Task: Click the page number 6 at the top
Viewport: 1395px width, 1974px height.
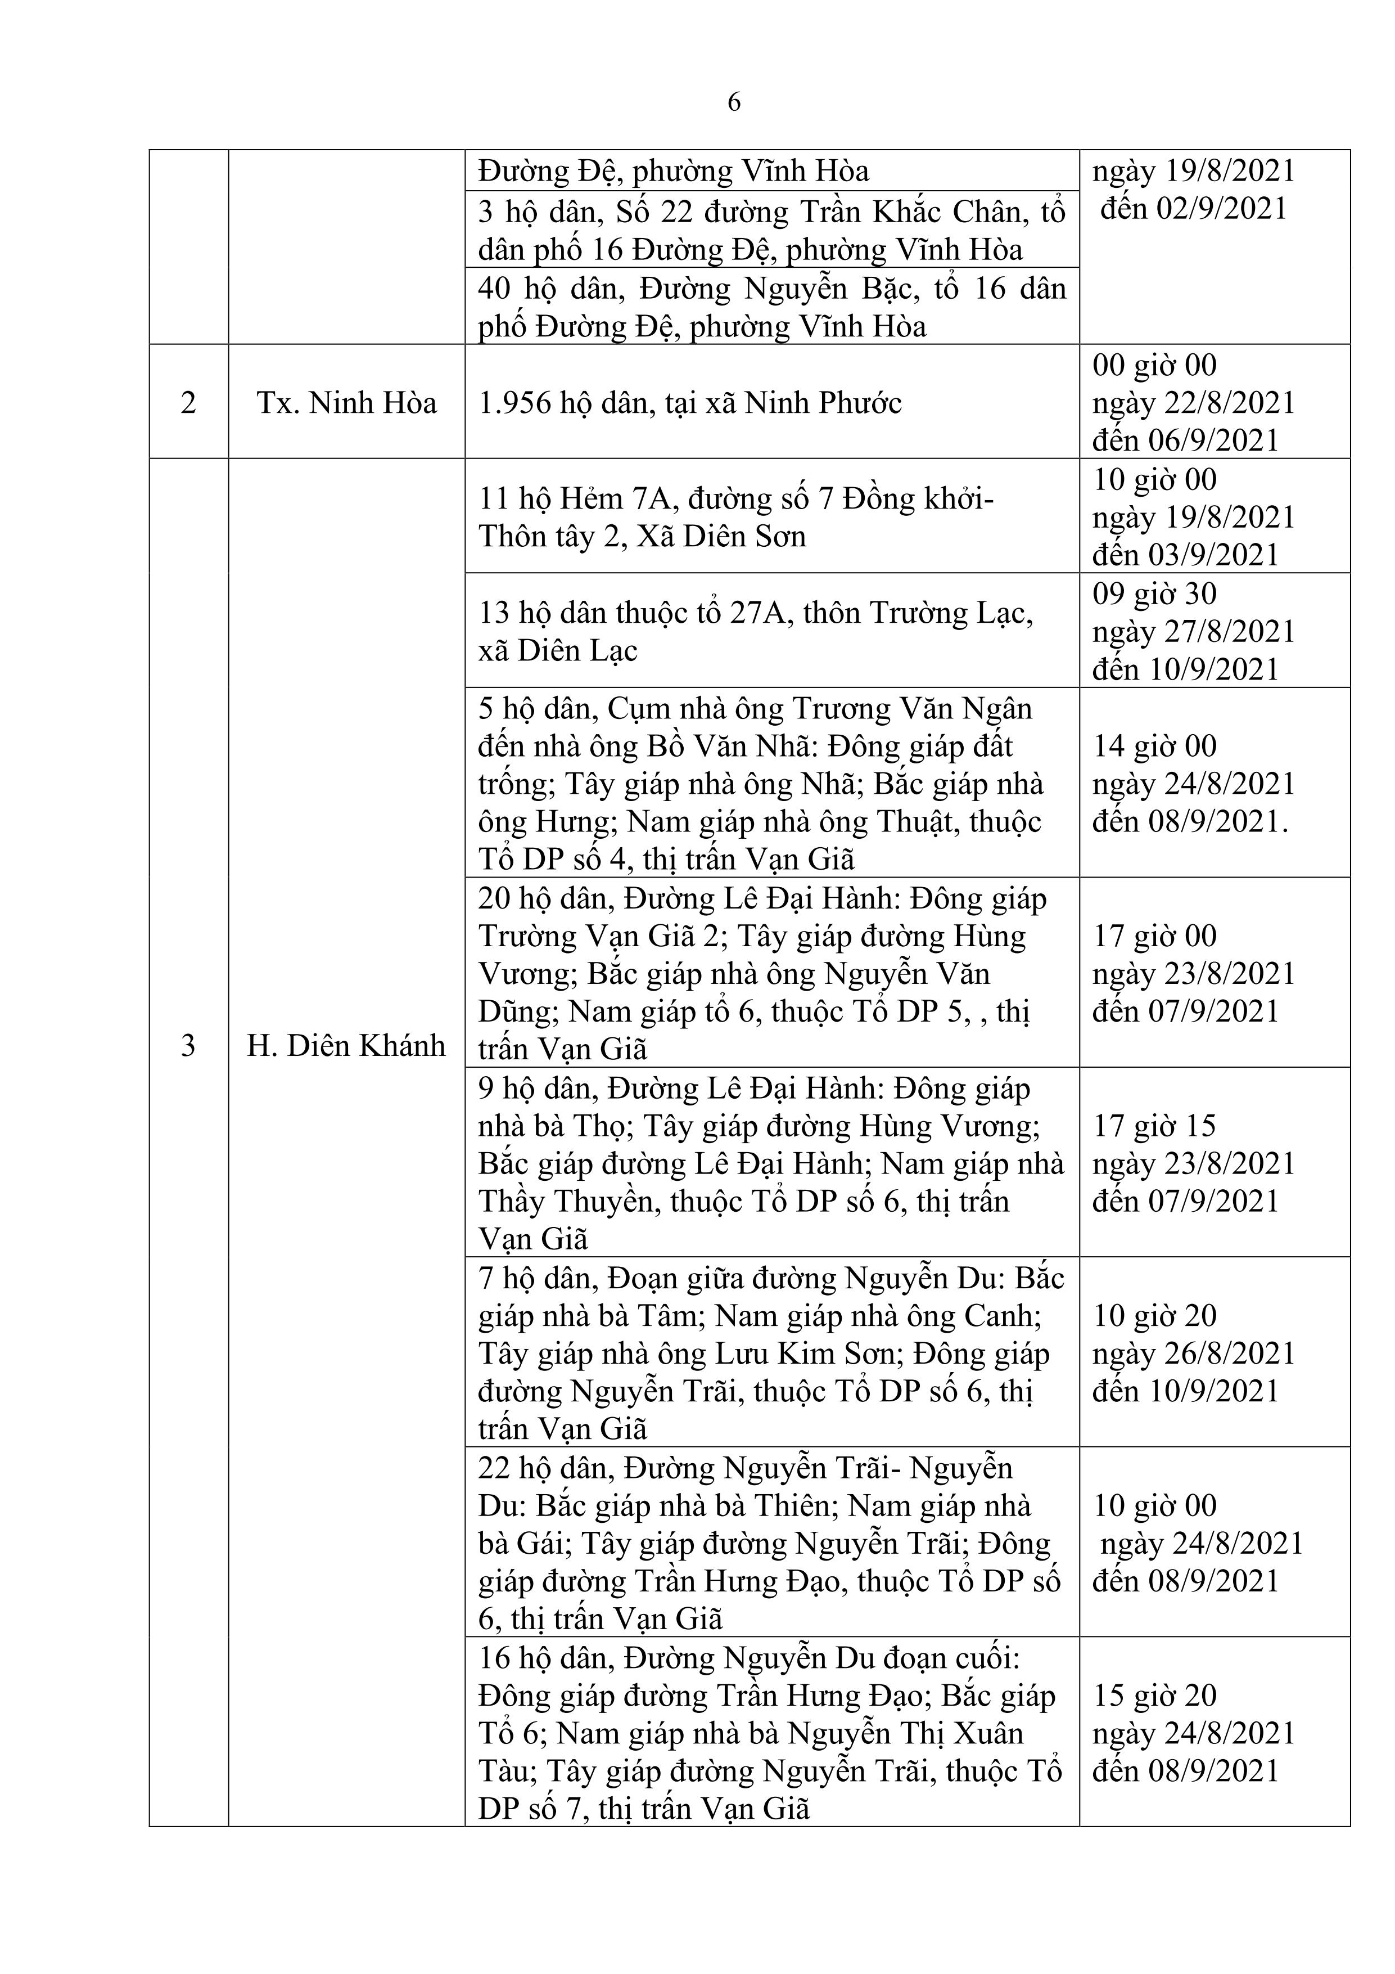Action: click(x=733, y=103)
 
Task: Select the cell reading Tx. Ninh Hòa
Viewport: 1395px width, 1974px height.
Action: click(x=346, y=402)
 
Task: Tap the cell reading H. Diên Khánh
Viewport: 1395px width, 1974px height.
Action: click(x=346, y=1045)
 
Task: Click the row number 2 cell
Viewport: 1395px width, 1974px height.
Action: click(x=188, y=402)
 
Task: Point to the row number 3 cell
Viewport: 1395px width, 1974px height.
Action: click(x=188, y=1045)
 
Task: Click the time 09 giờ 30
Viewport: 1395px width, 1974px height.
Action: click(x=1154, y=593)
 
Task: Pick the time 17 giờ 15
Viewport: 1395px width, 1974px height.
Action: click(x=1154, y=1126)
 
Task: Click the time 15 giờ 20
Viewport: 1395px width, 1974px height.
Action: click(x=1154, y=1694)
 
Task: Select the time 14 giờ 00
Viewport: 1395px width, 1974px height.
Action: click(x=1154, y=745)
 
